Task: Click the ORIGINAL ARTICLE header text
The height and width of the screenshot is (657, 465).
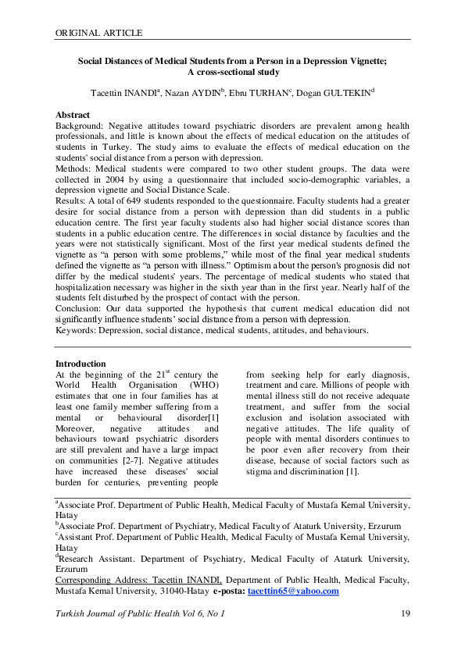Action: [98, 33]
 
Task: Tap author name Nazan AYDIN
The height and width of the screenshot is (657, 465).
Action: [195, 92]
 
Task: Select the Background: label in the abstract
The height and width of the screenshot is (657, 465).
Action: [80, 125]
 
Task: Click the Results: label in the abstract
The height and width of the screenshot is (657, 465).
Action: [73, 201]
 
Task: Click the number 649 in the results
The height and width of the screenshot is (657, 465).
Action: [134, 201]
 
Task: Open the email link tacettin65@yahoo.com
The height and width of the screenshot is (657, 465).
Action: [293, 591]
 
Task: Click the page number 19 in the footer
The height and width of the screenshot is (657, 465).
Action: [405, 614]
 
